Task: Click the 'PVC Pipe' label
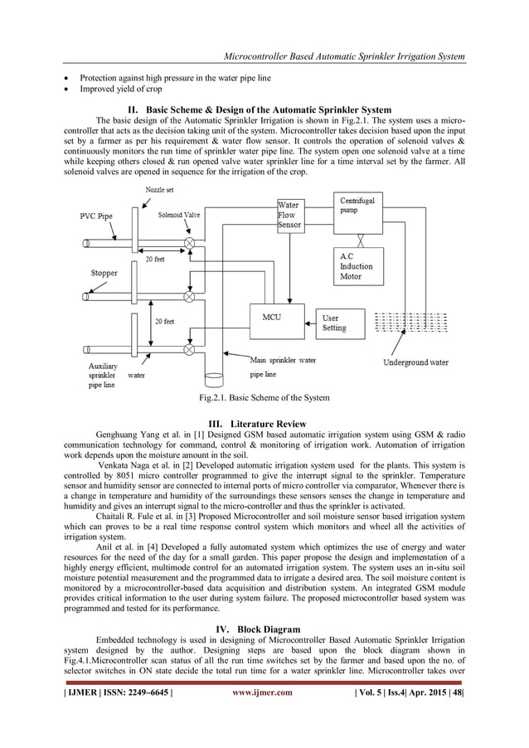tap(96, 216)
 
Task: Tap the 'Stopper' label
tap(104, 273)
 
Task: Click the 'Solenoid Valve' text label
tap(179, 215)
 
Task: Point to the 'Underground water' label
tap(415, 362)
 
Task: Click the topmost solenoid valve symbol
tap(190, 243)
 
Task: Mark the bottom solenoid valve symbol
tap(190, 349)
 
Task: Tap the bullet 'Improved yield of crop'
tap(121, 90)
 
